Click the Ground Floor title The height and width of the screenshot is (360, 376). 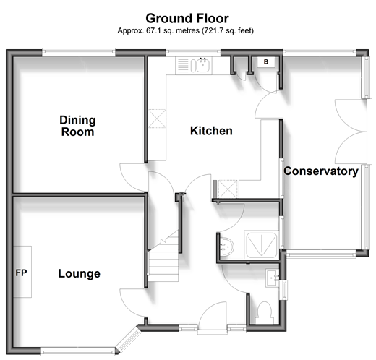coord(187,19)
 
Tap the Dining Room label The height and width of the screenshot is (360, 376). coord(77,126)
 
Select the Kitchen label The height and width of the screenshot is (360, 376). coord(211,131)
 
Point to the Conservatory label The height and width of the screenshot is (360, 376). coord(321,171)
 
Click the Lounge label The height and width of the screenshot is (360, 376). coord(80,273)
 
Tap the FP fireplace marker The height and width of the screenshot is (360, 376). coord(21,273)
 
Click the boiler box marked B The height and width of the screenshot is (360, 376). coord(266,62)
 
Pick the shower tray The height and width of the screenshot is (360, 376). coord(261,244)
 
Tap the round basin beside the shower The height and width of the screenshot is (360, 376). coord(227,247)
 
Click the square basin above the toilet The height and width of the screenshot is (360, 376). coord(273,278)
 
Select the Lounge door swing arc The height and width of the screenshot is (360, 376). coord(133,303)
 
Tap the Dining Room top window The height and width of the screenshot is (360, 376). coord(79,53)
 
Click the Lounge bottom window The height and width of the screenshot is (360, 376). coord(77,351)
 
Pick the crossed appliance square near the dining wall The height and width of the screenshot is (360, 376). coord(157,119)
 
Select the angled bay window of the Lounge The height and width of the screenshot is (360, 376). coord(129,340)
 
